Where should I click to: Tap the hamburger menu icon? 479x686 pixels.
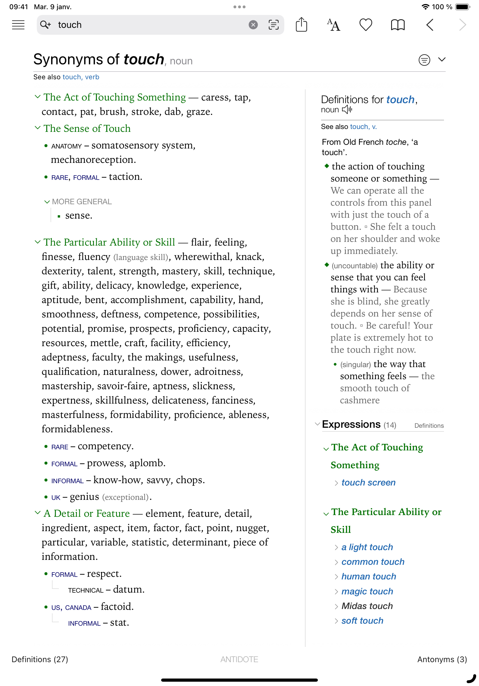coord(18,25)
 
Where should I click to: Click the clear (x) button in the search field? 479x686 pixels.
coord(253,25)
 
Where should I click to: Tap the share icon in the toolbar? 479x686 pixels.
coord(301,25)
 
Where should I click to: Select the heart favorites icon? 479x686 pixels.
coord(366,25)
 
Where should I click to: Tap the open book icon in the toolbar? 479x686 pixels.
coord(397,25)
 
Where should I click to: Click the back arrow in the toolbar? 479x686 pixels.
coord(430,25)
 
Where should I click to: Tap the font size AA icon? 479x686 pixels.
coord(333,25)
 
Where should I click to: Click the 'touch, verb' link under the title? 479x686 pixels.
coord(81,77)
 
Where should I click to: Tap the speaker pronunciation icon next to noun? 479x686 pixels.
coord(347,110)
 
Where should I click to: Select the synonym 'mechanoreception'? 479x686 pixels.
coord(93,160)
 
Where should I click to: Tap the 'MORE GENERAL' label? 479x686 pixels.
coord(82,202)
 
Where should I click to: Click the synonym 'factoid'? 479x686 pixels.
coord(117,606)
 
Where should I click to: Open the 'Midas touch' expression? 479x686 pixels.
coord(367,606)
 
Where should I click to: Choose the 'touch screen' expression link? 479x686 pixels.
coord(368,483)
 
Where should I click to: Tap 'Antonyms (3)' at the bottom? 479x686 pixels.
coord(442,659)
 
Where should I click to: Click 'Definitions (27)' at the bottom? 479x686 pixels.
coord(40,659)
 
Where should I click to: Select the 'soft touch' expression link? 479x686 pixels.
coord(362,621)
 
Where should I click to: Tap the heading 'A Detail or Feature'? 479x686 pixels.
coord(87,513)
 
